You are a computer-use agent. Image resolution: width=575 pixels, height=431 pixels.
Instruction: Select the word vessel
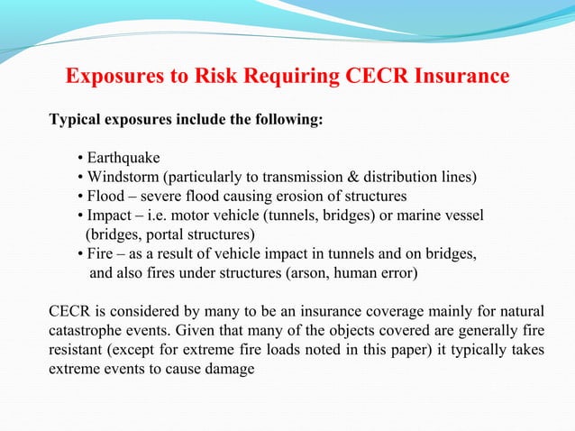click(464, 215)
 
